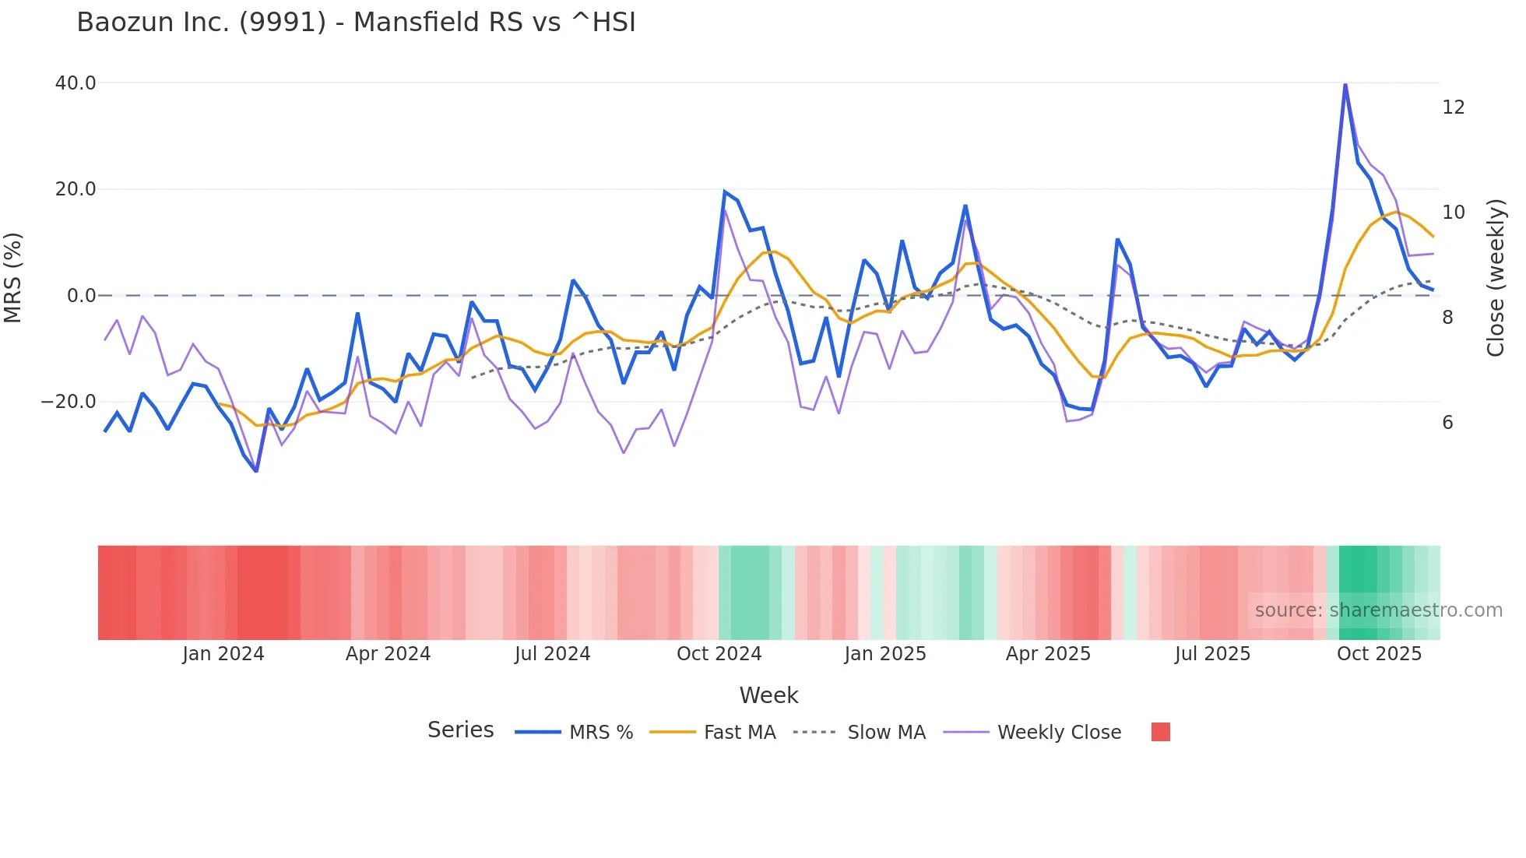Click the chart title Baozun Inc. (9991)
356,23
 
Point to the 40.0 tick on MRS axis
76,83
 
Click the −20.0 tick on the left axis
69,402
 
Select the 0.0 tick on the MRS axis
81,296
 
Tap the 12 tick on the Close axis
1453,107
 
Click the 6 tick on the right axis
1447,423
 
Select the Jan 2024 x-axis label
223,654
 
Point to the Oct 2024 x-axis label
719,654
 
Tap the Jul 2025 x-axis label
1212,654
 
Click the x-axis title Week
768,695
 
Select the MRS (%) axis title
13,277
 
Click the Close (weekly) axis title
1496,277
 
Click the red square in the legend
1160,732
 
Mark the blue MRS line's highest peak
1345,84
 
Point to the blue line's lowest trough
256,470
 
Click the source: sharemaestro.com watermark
1378,610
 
